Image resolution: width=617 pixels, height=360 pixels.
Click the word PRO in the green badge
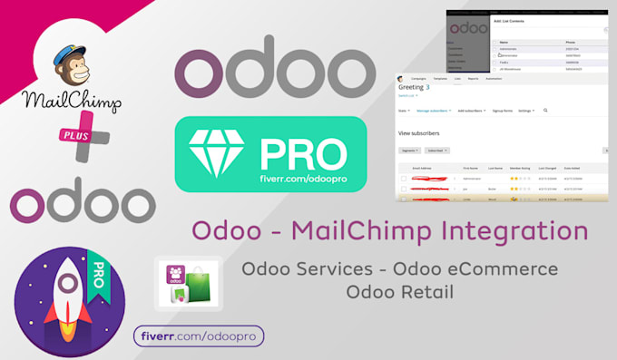point(299,145)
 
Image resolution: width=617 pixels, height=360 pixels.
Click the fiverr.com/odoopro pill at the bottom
point(199,336)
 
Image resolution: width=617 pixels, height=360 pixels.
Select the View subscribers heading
point(421,131)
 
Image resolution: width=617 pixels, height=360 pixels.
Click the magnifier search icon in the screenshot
point(544,110)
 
